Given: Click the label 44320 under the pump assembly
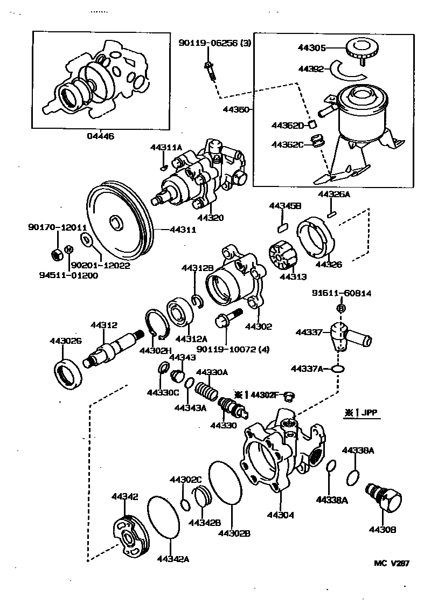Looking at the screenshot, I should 211,218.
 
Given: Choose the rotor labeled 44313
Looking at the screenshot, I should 281,255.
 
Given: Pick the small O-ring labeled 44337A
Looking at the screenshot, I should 337,369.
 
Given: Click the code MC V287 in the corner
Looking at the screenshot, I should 392,564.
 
